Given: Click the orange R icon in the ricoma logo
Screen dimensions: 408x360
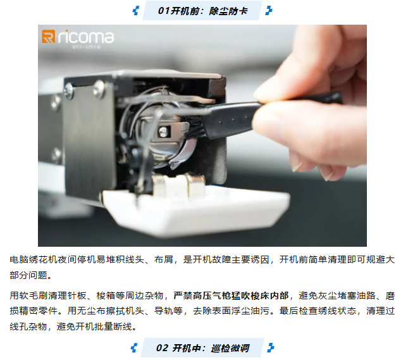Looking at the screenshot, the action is (49, 37).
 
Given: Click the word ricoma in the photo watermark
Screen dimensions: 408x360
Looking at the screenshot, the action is (85, 37).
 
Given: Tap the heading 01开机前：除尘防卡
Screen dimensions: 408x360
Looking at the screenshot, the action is (202, 11).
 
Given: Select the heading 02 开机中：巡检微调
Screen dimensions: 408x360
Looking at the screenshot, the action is (202, 348).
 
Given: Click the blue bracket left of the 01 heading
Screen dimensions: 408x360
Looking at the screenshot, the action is (136, 11).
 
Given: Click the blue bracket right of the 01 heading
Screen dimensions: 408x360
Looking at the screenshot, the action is (269, 11).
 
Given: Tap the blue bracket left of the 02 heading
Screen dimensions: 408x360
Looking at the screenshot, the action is (134, 348).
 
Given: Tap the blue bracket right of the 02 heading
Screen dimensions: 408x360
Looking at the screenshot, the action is (271, 348).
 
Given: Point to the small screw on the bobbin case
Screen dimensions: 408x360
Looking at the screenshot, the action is (163, 132).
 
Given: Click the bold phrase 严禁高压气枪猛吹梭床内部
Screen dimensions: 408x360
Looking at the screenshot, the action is (231, 295).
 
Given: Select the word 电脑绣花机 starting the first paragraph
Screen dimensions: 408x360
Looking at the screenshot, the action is (34, 260).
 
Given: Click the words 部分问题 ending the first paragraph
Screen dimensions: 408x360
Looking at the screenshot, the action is (28, 275).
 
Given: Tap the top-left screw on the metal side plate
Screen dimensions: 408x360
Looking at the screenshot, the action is (69, 91).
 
